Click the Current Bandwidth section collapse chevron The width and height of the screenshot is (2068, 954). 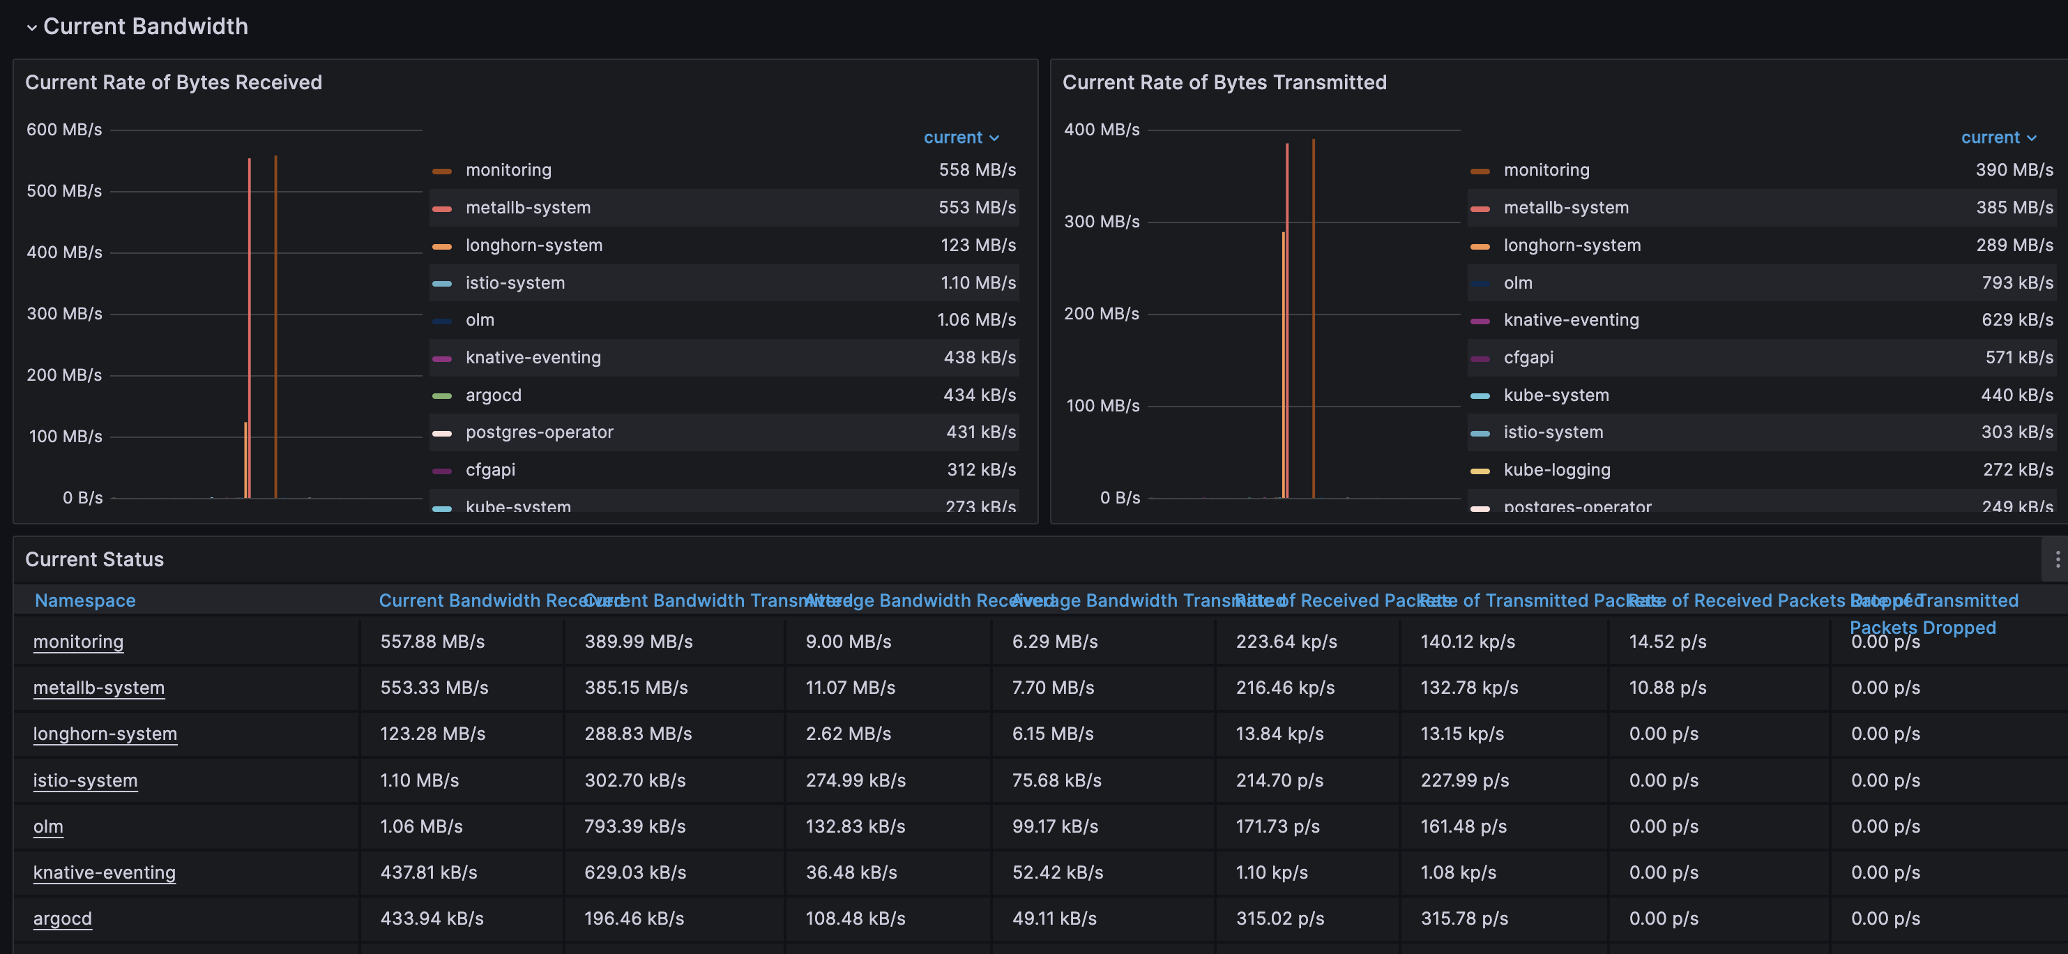31,27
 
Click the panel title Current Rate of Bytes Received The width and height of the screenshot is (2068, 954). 174,83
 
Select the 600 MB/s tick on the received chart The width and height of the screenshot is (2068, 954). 64,129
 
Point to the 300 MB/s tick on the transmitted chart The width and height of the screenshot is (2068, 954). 1102,222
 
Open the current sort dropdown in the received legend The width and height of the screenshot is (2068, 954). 961,137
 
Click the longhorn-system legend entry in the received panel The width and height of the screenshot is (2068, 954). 534,245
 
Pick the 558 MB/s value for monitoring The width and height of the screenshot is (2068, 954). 977,170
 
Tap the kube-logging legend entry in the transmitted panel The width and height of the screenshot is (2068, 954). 1557,470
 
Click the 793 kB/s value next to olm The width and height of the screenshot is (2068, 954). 2016,282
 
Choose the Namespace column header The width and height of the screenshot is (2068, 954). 85,600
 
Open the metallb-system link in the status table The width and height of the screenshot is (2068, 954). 99,688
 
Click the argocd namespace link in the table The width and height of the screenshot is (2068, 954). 63,918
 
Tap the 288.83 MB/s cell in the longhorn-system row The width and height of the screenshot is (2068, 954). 638,733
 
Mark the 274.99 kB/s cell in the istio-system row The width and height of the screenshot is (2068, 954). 856,780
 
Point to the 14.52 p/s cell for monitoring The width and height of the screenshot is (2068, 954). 1667,642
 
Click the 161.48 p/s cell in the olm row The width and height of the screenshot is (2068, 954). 1463,826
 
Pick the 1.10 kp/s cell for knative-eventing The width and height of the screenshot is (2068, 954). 1272,872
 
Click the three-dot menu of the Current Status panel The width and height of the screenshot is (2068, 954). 2057,560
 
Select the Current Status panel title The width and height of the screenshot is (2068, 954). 95,560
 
